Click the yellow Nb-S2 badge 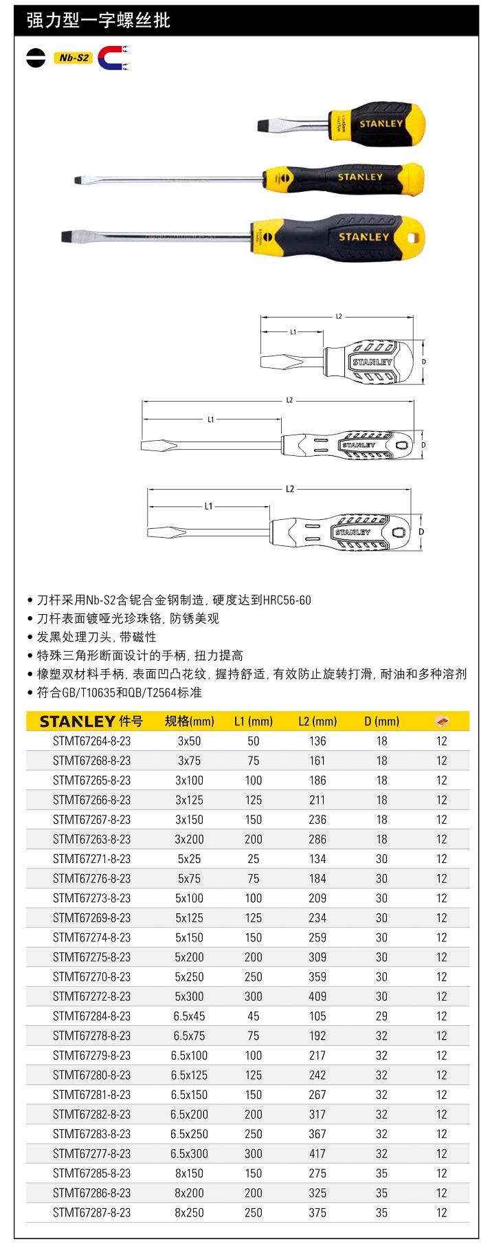[x=73, y=58]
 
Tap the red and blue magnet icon [x=111, y=58]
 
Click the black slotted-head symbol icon [x=36, y=58]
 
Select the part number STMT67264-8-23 [x=91, y=741]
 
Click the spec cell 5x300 [x=189, y=996]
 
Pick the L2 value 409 [x=317, y=996]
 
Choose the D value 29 [x=381, y=1016]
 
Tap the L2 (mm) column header [x=317, y=721]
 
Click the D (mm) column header [x=381, y=721]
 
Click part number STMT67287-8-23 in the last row [x=91, y=1213]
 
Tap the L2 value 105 [x=317, y=1016]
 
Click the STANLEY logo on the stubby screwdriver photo [x=381, y=124]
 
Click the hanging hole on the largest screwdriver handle [x=413, y=238]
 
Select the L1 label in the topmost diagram [x=293, y=332]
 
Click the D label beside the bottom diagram [x=421, y=532]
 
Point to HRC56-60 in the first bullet [x=287, y=600]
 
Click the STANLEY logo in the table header [x=77, y=721]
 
